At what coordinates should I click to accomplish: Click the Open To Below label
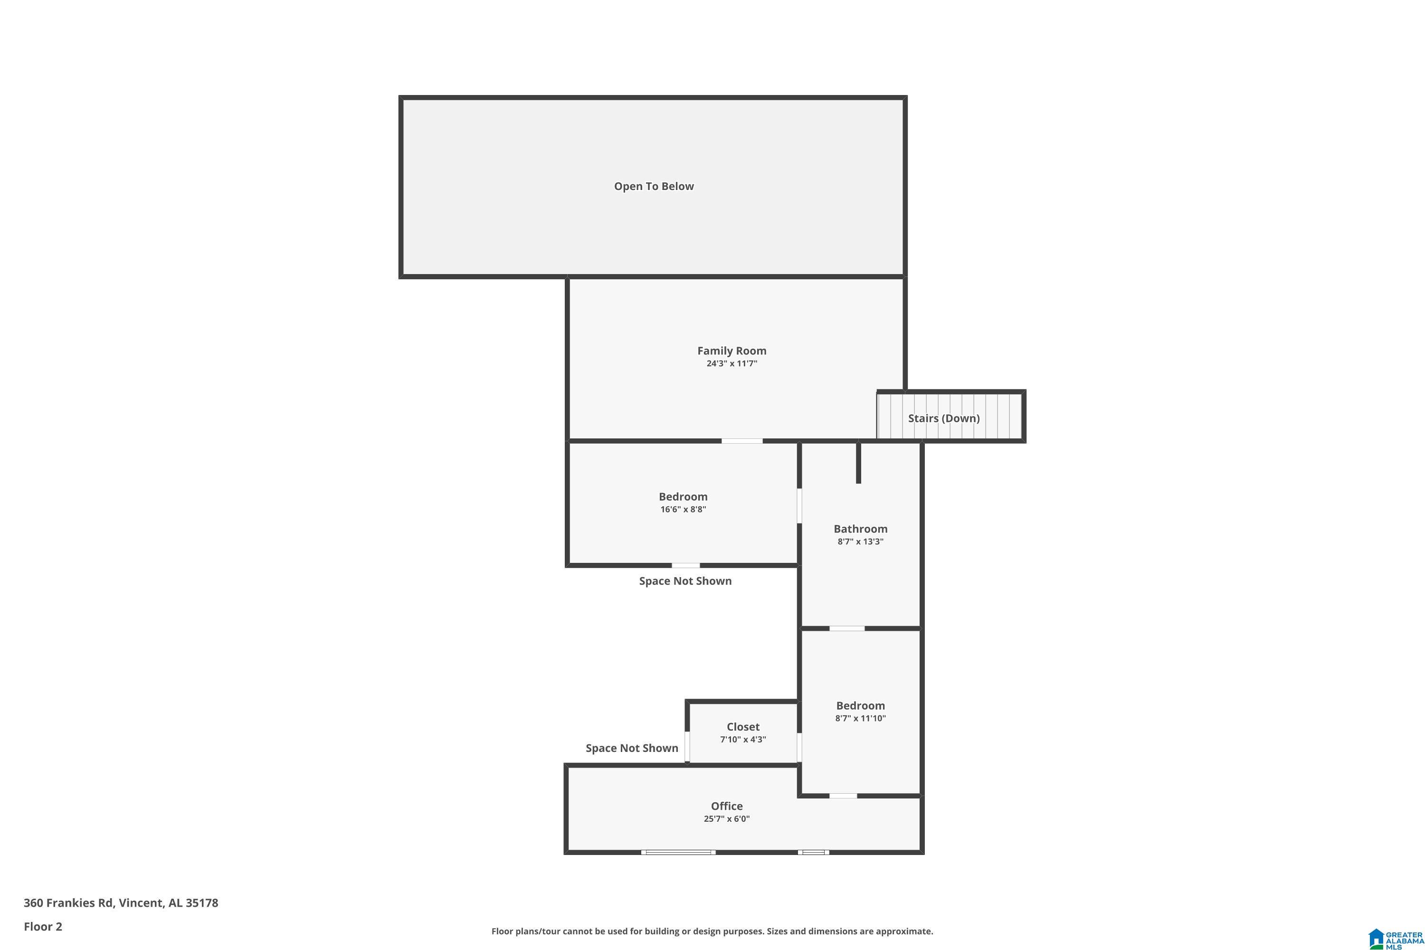click(x=654, y=187)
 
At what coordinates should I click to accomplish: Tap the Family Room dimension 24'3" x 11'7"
click(x=731, y=363)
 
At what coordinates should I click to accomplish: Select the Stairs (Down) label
click(x=943, y=418)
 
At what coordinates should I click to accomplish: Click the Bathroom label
click(x=860, y=529)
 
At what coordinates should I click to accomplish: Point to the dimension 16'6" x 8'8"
click(x=683, y=510)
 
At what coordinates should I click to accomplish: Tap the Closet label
click(x=743, y=726)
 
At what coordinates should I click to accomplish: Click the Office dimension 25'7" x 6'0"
click(x=726, y=818)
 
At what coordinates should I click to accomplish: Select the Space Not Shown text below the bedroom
click(x=685, y=581)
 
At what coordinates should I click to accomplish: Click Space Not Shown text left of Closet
click(x=631, y=748)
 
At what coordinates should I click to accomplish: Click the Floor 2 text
click(x=43, y=926)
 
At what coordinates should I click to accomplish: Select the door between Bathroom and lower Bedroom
click(x=846, y=628)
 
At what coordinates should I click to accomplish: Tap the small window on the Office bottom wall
click(x=813, y=853)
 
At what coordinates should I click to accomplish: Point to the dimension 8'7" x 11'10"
click(x=860, y=719)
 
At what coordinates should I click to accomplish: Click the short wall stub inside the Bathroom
click(x=858, y=463)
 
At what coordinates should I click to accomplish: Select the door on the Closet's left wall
click(x=687, y=746)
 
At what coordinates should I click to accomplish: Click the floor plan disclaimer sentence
click(x=712, y=931)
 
